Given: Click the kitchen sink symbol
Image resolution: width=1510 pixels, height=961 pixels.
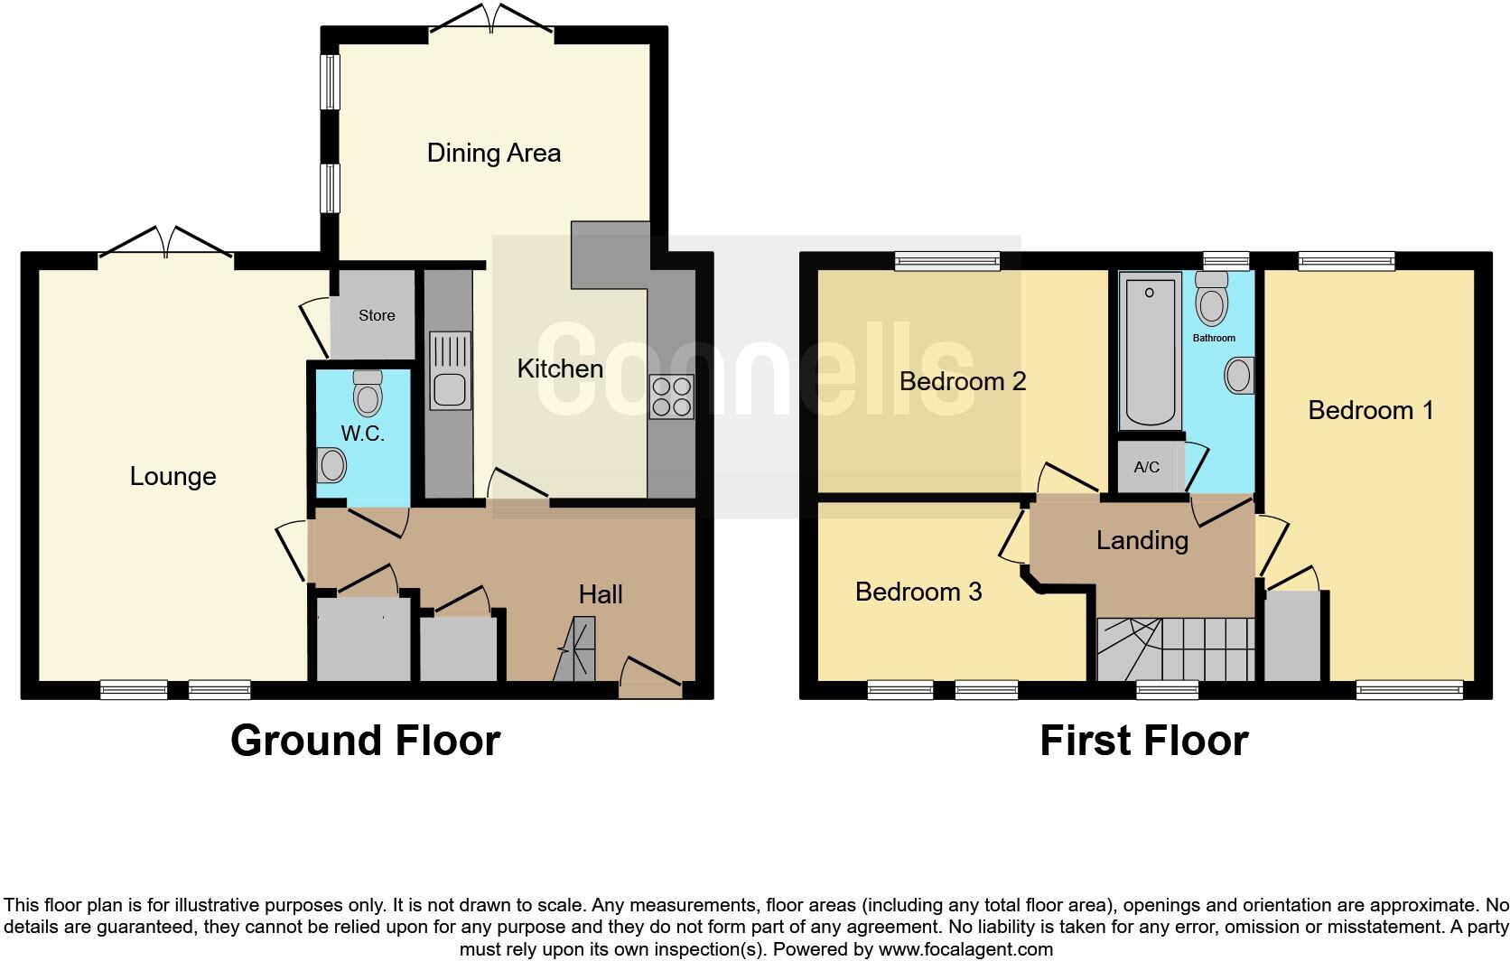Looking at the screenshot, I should coord(449,370).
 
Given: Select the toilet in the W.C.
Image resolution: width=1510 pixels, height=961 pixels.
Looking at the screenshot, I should coord(368,393).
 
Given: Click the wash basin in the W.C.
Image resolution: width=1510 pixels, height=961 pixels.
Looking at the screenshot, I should coord(331,467).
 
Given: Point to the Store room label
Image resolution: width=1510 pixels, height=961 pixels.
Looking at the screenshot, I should coord(377,315).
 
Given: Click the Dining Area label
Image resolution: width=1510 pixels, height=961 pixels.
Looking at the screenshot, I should coord(493,153).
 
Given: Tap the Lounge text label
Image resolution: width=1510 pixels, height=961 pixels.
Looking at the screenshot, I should coord(172,476).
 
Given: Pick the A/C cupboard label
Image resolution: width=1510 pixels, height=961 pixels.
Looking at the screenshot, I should coord(1146,467).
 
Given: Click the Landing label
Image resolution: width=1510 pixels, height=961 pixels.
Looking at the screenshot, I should coord(1142,540).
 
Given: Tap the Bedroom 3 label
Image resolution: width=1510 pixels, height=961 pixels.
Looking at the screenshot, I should coord(918,592).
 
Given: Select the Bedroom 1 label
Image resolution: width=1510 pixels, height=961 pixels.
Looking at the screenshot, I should coord(1370,410).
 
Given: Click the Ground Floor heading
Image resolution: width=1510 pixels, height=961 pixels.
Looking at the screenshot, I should coord(365,741).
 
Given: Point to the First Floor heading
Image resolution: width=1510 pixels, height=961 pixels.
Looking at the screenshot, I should coord(1143,741).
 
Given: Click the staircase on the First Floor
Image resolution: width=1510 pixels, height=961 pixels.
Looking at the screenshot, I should coord(1174,648).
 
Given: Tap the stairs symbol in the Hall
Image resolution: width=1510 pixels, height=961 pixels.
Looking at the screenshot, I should coord(574,648).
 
